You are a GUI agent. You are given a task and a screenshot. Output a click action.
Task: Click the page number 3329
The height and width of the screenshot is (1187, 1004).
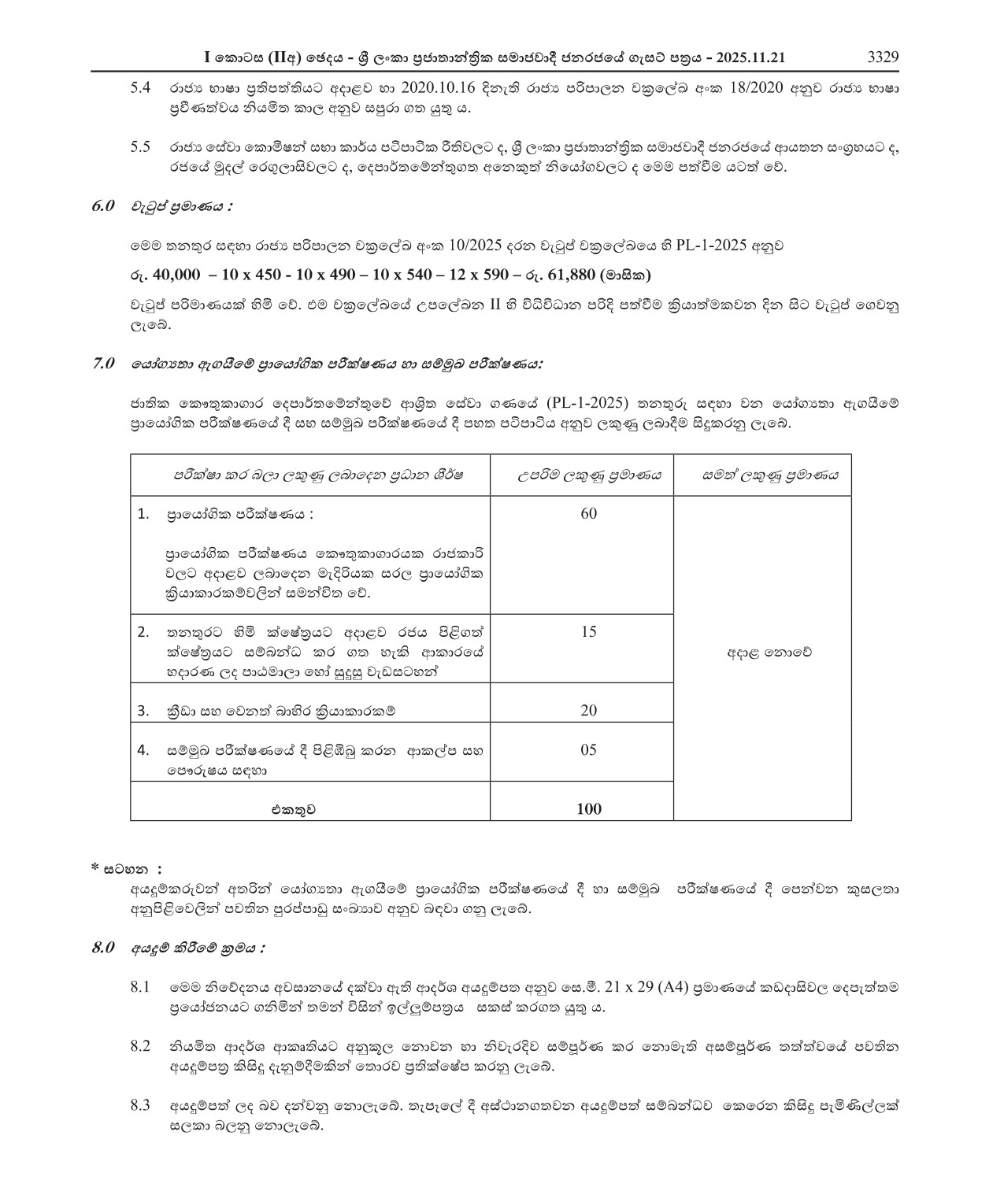click(x=882, y=57)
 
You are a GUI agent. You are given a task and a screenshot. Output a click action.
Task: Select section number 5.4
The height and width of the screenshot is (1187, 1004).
click(x=140, y=88)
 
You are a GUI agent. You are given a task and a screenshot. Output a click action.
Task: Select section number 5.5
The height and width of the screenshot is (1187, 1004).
click(x=140, y=147)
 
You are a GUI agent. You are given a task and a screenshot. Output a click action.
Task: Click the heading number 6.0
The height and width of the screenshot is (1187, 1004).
click(x=104, y=206)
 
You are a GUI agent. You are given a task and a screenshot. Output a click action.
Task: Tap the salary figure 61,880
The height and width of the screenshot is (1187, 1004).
click(x=566, y=275)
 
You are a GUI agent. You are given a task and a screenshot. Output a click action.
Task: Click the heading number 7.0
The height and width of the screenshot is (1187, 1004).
click(x=104, y=364)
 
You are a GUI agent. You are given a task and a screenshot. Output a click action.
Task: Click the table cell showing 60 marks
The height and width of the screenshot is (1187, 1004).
click(x=588, y=514)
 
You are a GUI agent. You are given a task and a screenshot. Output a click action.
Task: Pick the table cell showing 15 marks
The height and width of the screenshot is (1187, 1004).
click(x=588, y=631)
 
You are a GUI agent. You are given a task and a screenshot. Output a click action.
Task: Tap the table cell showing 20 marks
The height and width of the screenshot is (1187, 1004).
click(x=588, y=710)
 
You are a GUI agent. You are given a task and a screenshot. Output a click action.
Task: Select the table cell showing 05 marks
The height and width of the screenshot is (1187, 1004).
click(x=588, y=749)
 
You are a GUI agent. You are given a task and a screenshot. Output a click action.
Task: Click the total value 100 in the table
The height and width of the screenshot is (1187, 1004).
click(x=588, y=808)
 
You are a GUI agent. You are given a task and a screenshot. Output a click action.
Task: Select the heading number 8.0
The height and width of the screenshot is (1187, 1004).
click(x=104, y=947)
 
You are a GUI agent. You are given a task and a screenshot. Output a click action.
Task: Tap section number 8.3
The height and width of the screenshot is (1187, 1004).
click(x=140, y=1106)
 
